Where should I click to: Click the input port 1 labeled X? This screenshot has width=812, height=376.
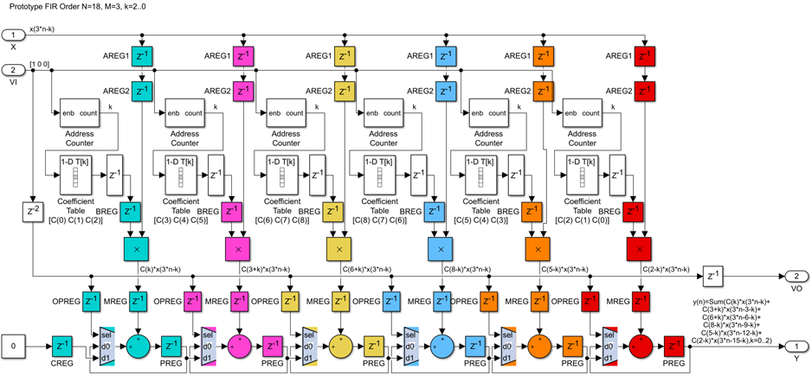point(13,35)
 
